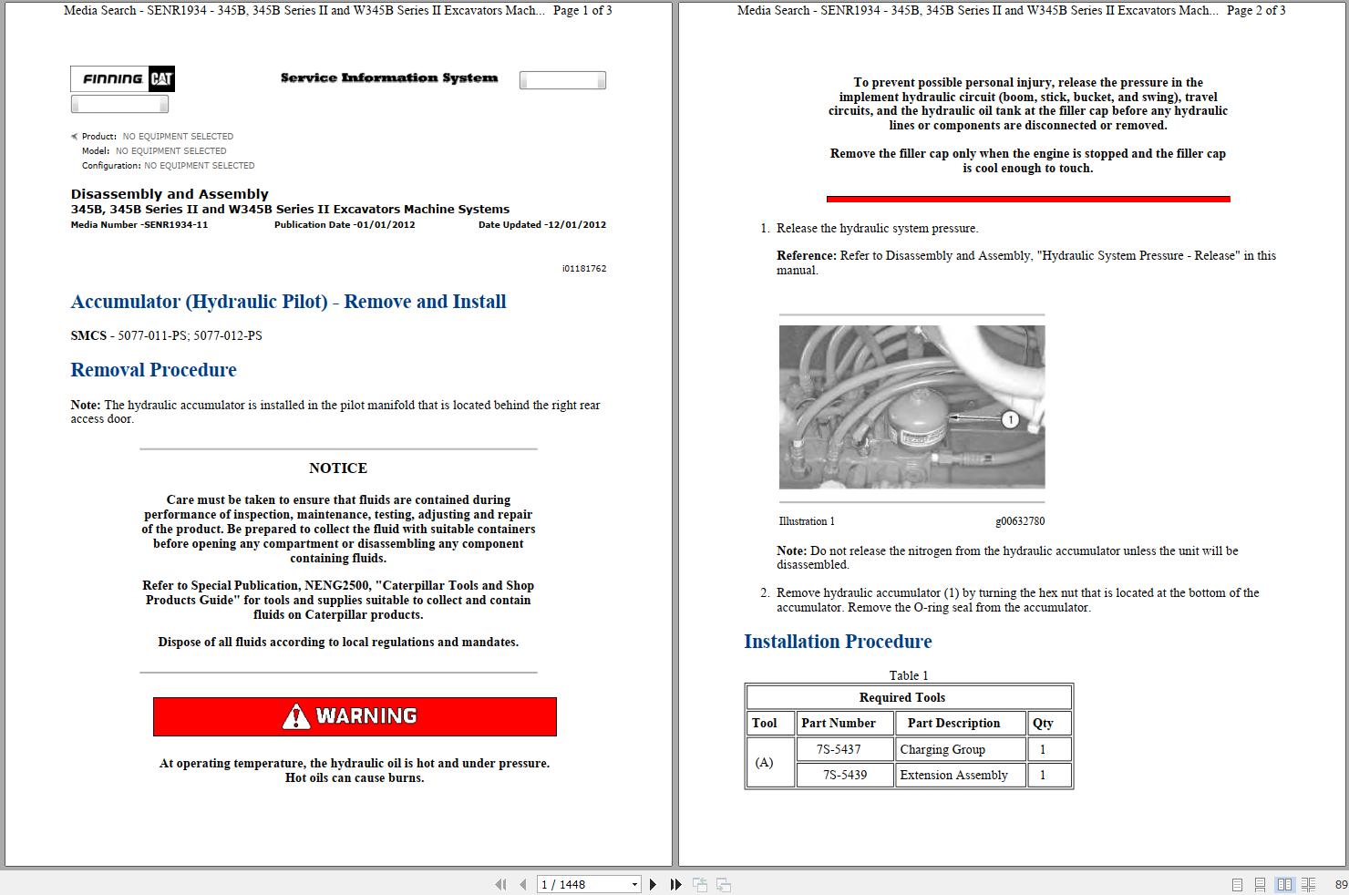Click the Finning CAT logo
(x=122, y=79)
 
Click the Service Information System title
(x=389, y=78)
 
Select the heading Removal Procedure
(x=153, y=370)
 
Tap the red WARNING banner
(x=355, y=716)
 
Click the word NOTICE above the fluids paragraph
(x=337, y=468)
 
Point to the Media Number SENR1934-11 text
(x=139, y=225)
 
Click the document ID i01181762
(x=583, y=269)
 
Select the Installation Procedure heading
(x=837, y=642)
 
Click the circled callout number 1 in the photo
(x=1009, y=419)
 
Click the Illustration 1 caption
(x=807, y=521)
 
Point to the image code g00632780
(x=1020, y=521)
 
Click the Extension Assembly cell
(x=953, y=775)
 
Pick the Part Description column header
(x=953, y=723)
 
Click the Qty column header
(x=1043, y=723)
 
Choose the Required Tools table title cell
(x=902, y=697)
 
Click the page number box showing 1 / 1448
(x=583, y=884)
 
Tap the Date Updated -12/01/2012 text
(x=541, y=225)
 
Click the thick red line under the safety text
(x=1027, y=199)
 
